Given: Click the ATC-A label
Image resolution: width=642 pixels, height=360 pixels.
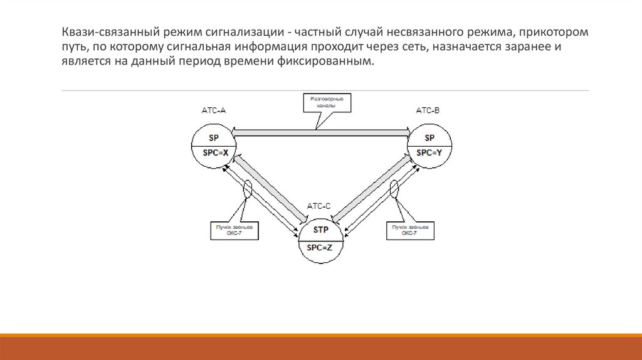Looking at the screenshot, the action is tap(213, 110).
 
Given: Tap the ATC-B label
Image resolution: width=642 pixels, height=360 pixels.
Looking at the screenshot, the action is tap(428, 110).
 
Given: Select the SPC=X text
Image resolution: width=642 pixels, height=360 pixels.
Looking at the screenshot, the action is tap(214, 152).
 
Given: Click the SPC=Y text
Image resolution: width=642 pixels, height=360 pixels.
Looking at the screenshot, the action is tap(429, 152).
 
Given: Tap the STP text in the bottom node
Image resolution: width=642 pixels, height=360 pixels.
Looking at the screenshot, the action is tap(321, 230).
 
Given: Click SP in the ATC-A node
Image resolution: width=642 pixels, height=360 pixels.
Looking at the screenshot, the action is tap(214, 138).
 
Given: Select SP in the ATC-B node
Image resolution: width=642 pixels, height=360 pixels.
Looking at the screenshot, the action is tap(429, 138).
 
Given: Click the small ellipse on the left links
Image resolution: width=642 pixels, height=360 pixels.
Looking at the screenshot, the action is tap(248, 189).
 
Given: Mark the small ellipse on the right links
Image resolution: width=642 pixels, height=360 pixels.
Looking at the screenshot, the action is tap(395, 188).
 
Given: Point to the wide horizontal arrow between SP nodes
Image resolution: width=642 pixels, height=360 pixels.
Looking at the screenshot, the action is tap(321, 132).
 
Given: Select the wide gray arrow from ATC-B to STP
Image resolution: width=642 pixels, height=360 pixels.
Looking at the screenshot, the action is tap(372, 188).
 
